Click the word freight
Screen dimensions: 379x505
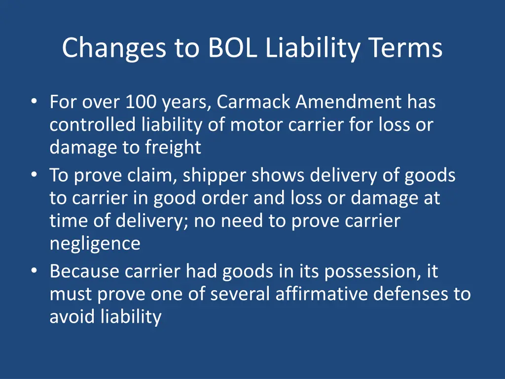click(x=173, y=148)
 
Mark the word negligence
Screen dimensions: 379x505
click(x=95, y=244)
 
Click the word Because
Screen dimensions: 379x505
click(x=84, y=271)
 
